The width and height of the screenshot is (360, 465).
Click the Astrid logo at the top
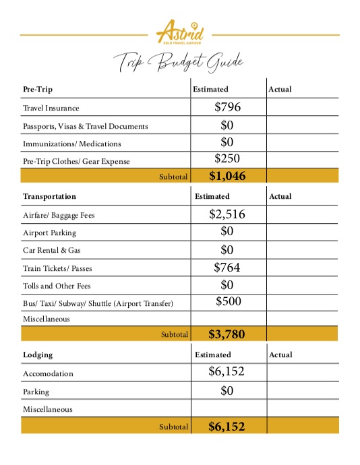pyautogui.click(x=180, y=32)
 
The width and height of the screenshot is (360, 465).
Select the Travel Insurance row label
pyautogui.click(x=51, y=108)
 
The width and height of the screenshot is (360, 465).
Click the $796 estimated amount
pyautogui.click(x=227, y=106)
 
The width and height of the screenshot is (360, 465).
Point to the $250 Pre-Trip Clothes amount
pyautogui.click(x=227, y=159)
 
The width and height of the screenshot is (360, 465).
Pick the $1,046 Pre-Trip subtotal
pyautogui.click(x=227, y=177)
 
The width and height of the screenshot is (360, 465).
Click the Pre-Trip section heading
pyautogui.click(x=38, y=89)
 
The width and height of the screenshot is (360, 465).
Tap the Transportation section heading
pyautogui.click(x=49, y=196)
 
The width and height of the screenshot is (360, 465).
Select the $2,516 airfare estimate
pyautogui.click(x=227, y=215)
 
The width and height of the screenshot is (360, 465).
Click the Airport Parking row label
pyautogui.click(x=49, y=232)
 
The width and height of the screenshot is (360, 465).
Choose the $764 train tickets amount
pyautogui.click(x=227, y=268)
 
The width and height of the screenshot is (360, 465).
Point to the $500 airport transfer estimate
pyautogui.click(x=229, y=301)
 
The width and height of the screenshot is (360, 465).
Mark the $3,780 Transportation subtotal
pyautogui.click(x=227, y=333)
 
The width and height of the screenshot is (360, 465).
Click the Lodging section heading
pyautogui.click(x=38, y=354)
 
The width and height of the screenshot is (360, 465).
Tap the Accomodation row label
pyautogui.click(x=48, y=373)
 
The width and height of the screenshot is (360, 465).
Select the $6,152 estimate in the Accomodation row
pyautogui.click(x=227, y=371)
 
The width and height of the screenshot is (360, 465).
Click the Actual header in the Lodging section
pyautogui.click(x=280, y=354)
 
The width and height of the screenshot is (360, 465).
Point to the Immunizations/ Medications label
pyautogui.click(x=72, y=144)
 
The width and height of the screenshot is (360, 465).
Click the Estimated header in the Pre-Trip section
pyautogui.click(x=210, y=89)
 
